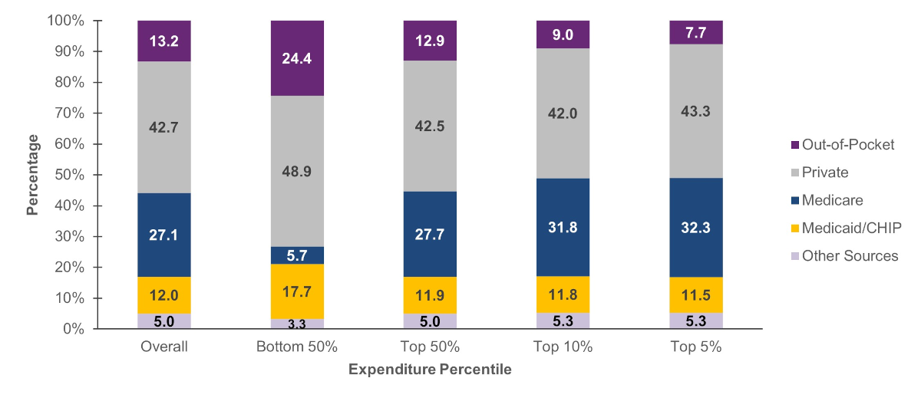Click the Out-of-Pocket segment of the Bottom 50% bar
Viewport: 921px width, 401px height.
[x=297, y=58]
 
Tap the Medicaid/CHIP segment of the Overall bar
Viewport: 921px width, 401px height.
[x=164, y=295]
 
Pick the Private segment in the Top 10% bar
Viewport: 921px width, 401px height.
[x=563, y=113]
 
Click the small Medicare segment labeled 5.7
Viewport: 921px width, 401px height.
[x=297, y=255]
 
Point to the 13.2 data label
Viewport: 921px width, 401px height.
[x=164, y=41]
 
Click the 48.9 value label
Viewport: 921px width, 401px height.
[x=297, y=174]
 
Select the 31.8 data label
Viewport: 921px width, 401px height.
[x=563, y=228]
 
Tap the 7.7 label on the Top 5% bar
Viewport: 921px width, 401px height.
[x=695, y=32]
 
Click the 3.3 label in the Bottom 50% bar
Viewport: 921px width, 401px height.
[x=297, y=324]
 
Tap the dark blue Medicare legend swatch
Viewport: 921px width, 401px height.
[x=794, y=200]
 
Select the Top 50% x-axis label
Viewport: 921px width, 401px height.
[x=430, y=347]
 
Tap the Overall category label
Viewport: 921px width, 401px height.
[x=164, y=347]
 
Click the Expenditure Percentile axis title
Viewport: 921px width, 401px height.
[x=430, y=370]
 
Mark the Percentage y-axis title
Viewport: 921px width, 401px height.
[x=32, y=175]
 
